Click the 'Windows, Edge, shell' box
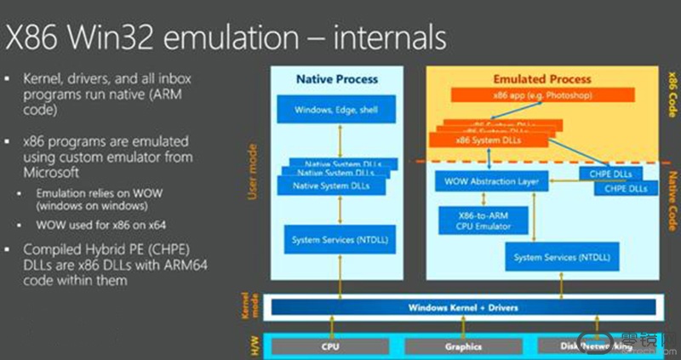tap(336, 110)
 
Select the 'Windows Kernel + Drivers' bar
tap(464, 306)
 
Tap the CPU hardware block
tap(330, 346)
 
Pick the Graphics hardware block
tap(464, 346)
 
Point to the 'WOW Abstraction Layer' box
tap(492, 182)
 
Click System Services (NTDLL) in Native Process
tap(336, 239)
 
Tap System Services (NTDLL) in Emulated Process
tap(563, 256)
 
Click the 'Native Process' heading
tap(336, 79)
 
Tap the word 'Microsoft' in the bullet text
tap(61, 172)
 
